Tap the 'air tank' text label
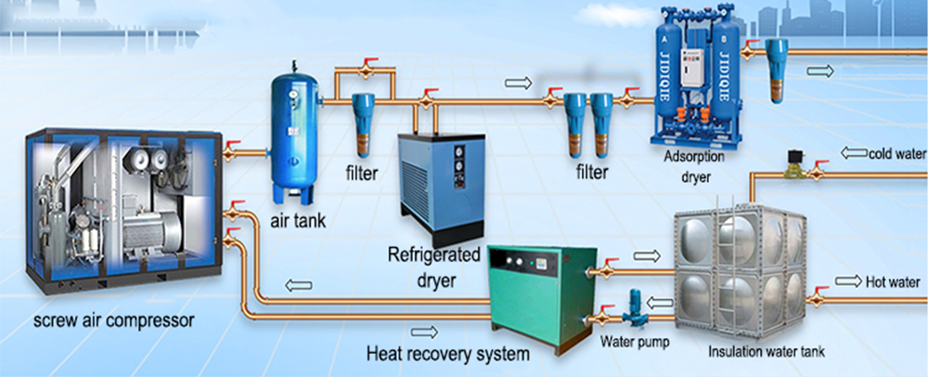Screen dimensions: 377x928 coord(298,220)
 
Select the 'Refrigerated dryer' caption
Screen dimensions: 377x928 coord(434,265)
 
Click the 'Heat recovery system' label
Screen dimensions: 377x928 coord(447,353)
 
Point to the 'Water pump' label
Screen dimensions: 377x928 coord(635,341)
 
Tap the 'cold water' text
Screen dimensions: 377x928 coord(896,153)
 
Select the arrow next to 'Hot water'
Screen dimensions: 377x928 coord(848,281)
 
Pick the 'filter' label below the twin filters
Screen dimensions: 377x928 coord(590,172)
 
